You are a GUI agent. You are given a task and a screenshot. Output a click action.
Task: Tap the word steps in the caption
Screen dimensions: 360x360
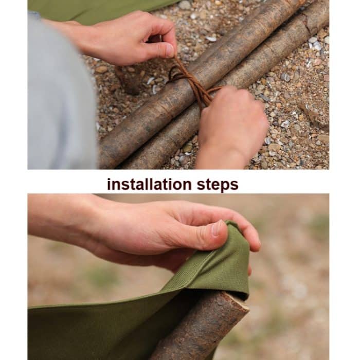pyautogui.click(x=218, y=185)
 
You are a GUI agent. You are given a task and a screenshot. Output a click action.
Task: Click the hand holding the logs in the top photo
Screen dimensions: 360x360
pyautogui.click(x=231, y=129)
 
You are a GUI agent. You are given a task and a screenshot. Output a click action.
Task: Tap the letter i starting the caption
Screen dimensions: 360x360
pyautogui.click(x=109, y=184)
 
